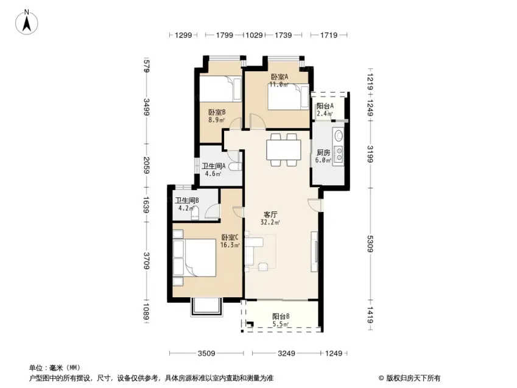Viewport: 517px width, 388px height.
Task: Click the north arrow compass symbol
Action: click(27, 22)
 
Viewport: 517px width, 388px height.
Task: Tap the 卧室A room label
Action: click(280, 77)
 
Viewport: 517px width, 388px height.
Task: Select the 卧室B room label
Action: click(217, 113)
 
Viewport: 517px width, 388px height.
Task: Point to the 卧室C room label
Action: click(230, 238)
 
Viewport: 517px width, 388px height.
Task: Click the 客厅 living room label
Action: click(270, 215)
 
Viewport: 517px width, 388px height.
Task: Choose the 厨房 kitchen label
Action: click(323, 153)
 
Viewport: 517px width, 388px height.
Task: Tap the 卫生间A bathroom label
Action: click(213, 166)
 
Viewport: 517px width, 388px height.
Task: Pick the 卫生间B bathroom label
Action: click(186, 200)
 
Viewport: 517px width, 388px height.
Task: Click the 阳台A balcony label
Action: click(325, 106)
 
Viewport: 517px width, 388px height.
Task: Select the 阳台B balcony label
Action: click(281, 316)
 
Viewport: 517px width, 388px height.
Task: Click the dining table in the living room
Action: click(284, 150)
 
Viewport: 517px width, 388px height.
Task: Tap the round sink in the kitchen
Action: click(339, 135)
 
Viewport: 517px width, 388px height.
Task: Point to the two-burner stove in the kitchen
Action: click(339, 155)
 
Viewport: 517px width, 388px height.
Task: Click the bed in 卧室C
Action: click(194, 258)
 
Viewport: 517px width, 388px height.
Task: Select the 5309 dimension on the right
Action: click(370, 244)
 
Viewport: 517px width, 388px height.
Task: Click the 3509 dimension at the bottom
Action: click(206, 353)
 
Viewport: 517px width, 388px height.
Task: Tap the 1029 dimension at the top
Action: click(254, 35)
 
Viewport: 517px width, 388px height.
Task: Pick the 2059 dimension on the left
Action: click(147, 165)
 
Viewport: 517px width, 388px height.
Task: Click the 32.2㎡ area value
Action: click(270, 222)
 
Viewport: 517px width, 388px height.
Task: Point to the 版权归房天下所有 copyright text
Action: click(413, 378)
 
